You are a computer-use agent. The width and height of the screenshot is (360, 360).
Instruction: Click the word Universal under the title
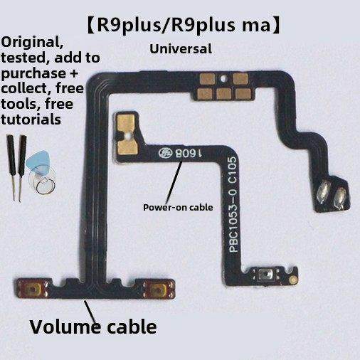181,49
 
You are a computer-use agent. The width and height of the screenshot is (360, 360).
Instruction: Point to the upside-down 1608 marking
179,152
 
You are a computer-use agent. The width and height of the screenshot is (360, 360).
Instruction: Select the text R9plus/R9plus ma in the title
180,26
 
